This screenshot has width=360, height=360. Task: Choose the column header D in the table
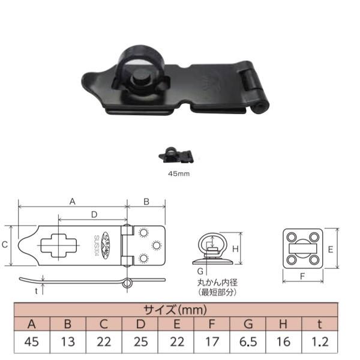click(x=139, y=326)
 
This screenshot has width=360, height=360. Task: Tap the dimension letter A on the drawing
click(x=72, y=202)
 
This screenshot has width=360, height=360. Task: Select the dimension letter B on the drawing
click(x=146, y=202)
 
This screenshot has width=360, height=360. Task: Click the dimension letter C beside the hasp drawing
click(x=5, y=245)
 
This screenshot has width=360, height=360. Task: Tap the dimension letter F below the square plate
click(x=302, y=277)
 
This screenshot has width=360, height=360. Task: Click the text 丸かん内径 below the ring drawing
click(x=214, y=283)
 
